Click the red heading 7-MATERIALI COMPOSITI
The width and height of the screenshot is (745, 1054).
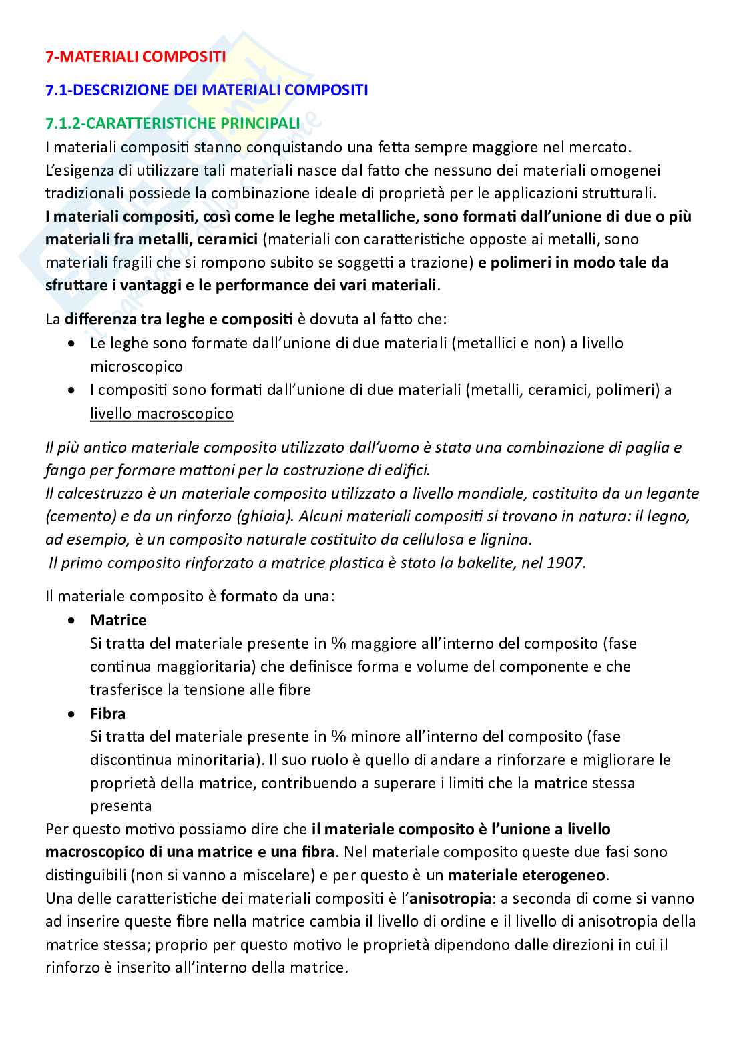(x=135, y=57)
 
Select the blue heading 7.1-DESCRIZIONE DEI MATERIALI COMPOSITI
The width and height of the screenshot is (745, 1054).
(x=206, y=90)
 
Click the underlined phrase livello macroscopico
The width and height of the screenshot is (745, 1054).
(x=162, y=413)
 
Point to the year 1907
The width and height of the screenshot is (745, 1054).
(x=565, y=563)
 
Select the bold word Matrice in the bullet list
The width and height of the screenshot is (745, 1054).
(x=118, y=620)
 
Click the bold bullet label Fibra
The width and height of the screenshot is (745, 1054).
(x=107, y=713)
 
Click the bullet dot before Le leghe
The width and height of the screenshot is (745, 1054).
(x=72, y=344)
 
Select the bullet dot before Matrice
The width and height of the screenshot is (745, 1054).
(x=72, y=620)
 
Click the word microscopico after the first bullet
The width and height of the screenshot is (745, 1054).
(x=136, y=367)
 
